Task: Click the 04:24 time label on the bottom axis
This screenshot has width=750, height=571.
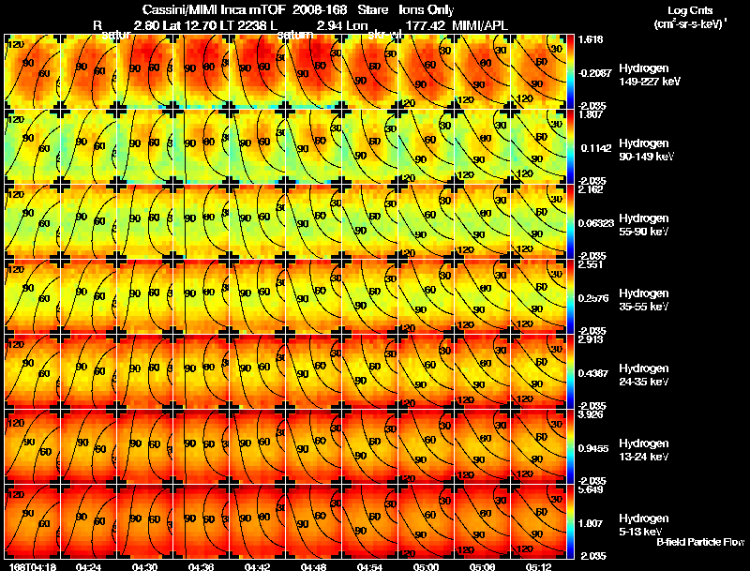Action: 88,566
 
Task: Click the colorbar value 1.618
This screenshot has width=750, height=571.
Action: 592,40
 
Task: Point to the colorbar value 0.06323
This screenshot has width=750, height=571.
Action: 597,223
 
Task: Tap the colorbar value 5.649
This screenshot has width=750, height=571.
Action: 592,489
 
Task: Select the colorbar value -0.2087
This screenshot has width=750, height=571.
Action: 595,71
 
